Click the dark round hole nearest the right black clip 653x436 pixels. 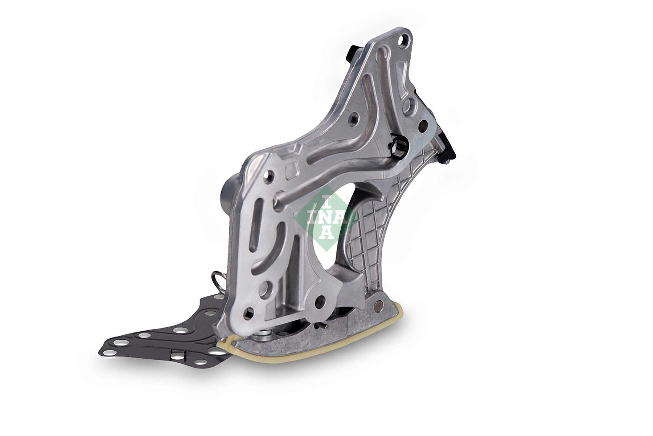coord(421,128)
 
